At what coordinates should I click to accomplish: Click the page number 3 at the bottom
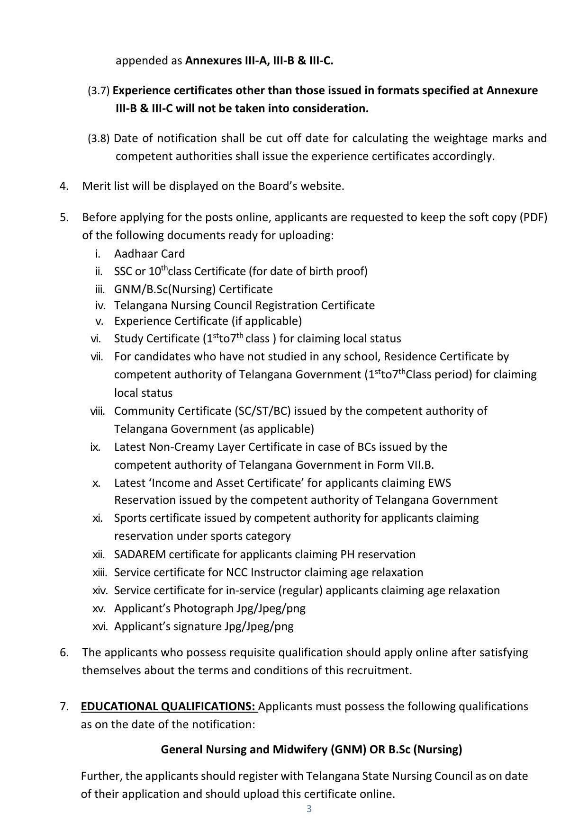pos(309,809)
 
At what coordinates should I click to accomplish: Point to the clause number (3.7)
pos(99,90)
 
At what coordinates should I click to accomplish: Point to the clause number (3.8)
pos(99,138)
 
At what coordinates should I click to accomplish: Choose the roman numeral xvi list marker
pos(100,626)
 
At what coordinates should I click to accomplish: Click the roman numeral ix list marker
pos(95,447)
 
